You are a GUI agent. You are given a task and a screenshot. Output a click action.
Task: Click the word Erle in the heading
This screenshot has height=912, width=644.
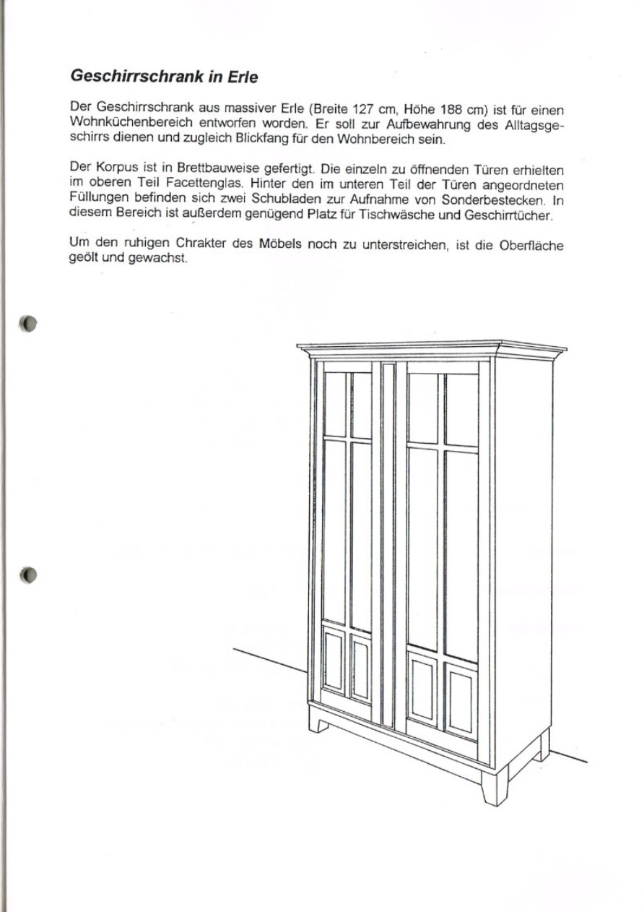click(240, 75)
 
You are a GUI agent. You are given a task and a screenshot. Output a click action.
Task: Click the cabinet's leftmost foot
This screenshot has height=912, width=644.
click(318, 720)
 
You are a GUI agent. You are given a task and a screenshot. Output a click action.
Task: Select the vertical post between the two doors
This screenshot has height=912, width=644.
click(388, 542)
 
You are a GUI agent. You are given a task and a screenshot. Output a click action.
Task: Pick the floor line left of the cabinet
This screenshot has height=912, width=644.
click(271, 660)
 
